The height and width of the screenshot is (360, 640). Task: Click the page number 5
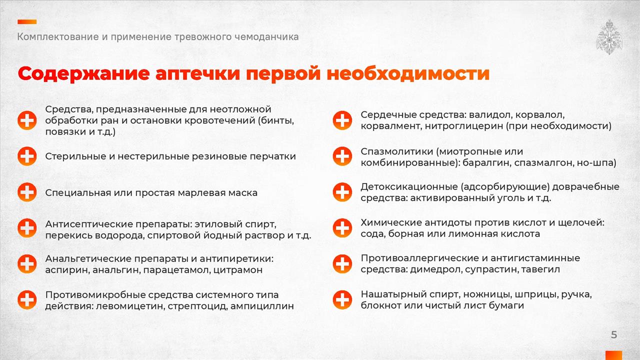click(x=614, y=334)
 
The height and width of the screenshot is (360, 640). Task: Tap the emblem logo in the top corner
click(x=609, y=37)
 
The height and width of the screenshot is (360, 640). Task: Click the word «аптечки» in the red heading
click(x=198, y=73)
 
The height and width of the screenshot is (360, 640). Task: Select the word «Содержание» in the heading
click(x=83, y=73)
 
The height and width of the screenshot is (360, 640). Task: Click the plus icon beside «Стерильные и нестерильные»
click(x=27, y=156)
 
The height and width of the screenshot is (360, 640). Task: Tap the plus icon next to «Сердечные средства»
click(x=342, y=120)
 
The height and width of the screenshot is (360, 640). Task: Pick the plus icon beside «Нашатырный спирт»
click(x=342, y=299)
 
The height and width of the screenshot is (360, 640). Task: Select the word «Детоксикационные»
click(x=409, y=187)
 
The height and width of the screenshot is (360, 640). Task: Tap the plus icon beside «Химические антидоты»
click(x=342, y=228)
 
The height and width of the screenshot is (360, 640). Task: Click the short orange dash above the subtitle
click(x=27, y=21)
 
